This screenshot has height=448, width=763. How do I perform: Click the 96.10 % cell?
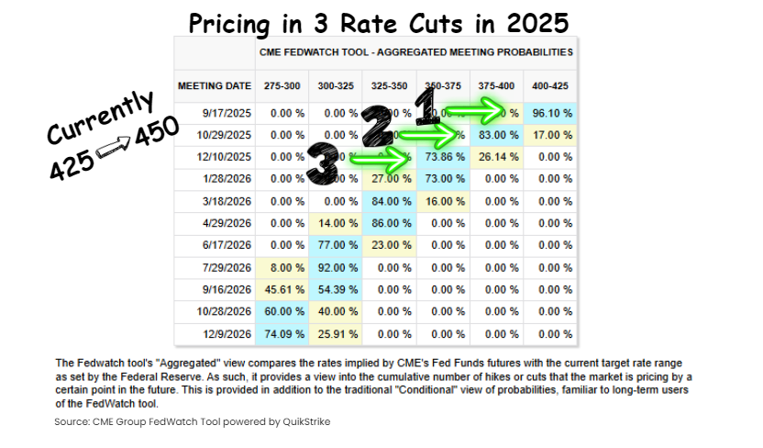552,113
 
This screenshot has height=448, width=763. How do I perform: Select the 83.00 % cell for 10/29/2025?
499,135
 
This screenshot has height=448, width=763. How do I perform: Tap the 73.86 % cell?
445,157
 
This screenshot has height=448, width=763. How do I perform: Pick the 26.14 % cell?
499,157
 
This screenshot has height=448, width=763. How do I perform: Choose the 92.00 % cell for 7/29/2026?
337,268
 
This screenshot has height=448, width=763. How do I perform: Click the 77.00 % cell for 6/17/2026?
337,246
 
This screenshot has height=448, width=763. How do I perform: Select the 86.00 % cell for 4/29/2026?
391,224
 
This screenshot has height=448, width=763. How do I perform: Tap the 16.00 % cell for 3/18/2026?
445,202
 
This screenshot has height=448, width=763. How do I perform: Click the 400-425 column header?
552,85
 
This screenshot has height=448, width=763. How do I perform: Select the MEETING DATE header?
215,85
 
